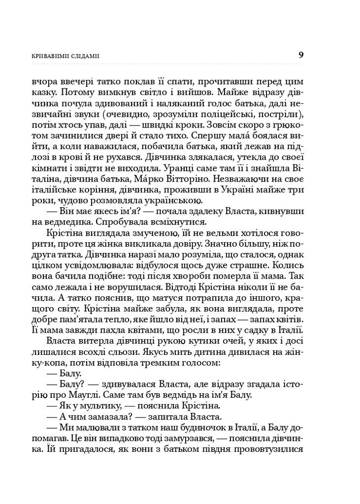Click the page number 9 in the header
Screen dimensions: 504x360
click(300, 55)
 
